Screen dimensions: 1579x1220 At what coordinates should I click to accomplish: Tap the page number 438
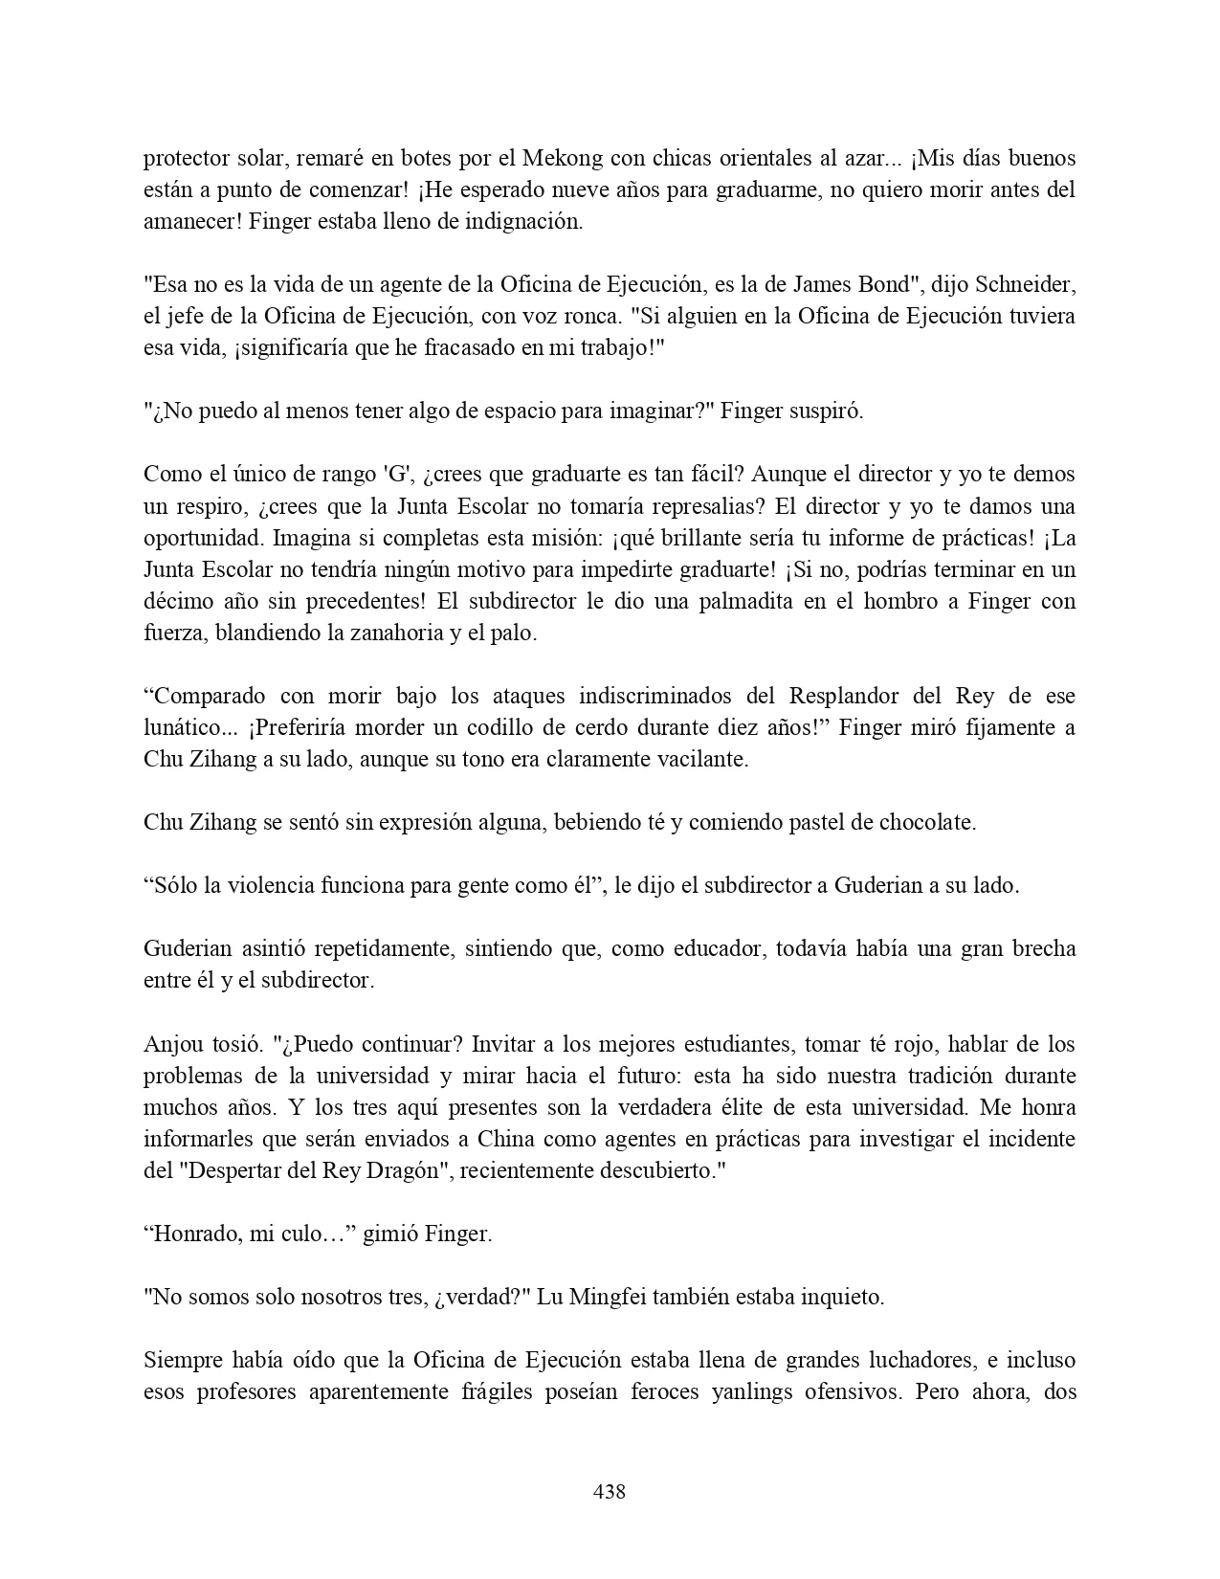[610, 1491]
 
